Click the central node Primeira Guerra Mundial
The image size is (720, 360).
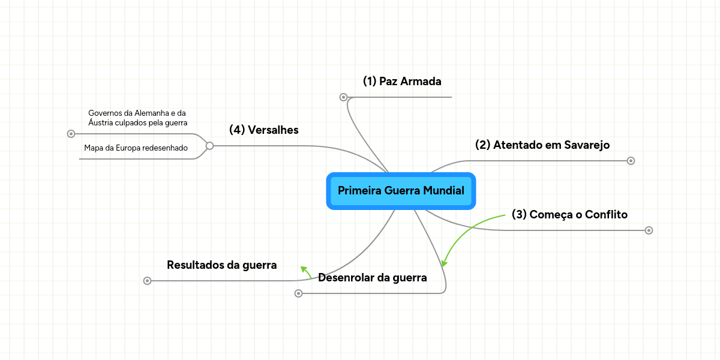pos(401,191)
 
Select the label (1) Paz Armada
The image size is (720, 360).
pos(402,82)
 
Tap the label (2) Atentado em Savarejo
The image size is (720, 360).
pos(542,145)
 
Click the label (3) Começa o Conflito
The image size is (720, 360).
pos(569,214)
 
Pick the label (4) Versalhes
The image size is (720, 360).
pos(263,130)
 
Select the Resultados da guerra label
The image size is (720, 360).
pos(222,265)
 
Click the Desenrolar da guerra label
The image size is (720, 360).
pos(373,278)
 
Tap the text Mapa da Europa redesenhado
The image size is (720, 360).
pos(136,148)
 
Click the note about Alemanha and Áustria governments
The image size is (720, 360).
pos(137,118)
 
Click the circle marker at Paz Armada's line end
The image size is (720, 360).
pos(343,97)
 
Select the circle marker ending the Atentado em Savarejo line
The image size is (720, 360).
pos(631,161)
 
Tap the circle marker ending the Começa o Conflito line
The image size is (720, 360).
pos(649,230)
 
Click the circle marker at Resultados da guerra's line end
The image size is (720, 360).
pos(147,281)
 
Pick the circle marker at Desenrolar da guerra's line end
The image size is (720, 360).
pos(298,293)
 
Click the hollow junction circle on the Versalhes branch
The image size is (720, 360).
pos(209,146)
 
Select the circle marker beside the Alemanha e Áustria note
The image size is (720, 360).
pos(71,134)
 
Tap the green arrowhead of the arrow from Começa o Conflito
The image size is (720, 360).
pos(444,263)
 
